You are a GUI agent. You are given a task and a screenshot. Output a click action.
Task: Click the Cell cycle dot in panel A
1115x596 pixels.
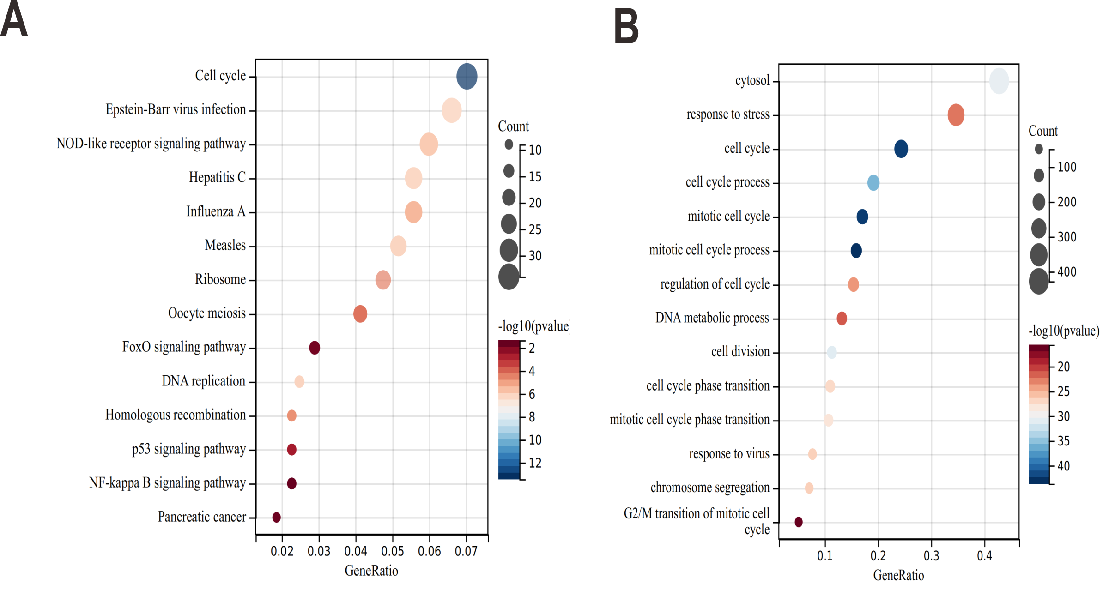point(467,77)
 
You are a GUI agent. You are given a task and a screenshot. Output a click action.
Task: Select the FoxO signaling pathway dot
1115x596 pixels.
point(315,348)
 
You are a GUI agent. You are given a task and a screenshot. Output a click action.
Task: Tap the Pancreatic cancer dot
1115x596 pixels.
point(276,517)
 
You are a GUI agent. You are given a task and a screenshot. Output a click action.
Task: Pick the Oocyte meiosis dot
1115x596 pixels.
point(360,314)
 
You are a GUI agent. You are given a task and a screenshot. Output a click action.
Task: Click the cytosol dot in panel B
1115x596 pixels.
point(999,81)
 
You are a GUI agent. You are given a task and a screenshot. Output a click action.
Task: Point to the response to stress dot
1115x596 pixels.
point(956,115)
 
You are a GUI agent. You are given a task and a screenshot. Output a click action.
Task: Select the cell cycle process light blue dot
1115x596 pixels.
point(873,183)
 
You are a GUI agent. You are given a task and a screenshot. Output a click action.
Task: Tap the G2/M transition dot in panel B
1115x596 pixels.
point(799,522)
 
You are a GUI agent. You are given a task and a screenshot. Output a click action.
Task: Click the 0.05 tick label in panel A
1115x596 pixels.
point(393,551)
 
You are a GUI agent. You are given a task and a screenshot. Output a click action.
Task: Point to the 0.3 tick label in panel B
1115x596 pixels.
point(931,556)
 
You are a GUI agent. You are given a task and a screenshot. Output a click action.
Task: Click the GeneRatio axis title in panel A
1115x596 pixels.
point(371,571)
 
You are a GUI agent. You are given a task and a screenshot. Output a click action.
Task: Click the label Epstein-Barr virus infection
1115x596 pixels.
point(176,110)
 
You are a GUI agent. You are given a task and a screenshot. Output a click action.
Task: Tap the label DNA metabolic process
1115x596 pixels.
point(712,318)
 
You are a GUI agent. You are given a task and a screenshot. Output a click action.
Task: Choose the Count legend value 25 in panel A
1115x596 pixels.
point(535,229)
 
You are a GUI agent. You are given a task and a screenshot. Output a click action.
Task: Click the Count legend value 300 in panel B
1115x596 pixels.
point(1067,237)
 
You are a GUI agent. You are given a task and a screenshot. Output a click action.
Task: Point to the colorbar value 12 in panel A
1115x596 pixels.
point(535,463)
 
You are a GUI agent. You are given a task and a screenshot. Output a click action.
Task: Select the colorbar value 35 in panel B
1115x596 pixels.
point(1063,441)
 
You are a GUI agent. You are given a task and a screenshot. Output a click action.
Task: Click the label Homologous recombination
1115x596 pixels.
point(175,415)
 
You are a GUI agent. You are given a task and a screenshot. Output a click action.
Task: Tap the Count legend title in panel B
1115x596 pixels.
point(1042,131)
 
